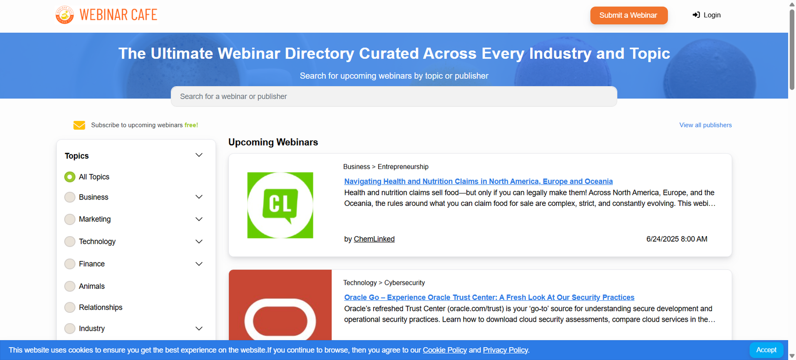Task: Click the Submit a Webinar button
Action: (629, 15)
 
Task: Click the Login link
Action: (706, 15)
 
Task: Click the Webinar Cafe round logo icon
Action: (65, 15)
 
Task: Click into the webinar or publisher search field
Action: (394, 96)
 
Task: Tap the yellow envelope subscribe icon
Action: (79, 125)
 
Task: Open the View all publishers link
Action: (705, 125)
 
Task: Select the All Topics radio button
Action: (70, 177)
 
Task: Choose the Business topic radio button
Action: (70, 197)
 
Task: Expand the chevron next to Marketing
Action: (199, 219)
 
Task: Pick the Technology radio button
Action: (70, 242)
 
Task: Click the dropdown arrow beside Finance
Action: (199, 264)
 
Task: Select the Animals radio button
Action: (70, 286)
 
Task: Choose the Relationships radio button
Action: (70, 307)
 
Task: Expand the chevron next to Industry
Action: (199, 328)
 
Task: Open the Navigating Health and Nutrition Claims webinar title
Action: (478, 181)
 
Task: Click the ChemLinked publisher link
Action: (374, 239)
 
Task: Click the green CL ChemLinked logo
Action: (280, 205)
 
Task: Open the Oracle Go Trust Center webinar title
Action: (490, 297)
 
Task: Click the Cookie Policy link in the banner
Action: (445, 350)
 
